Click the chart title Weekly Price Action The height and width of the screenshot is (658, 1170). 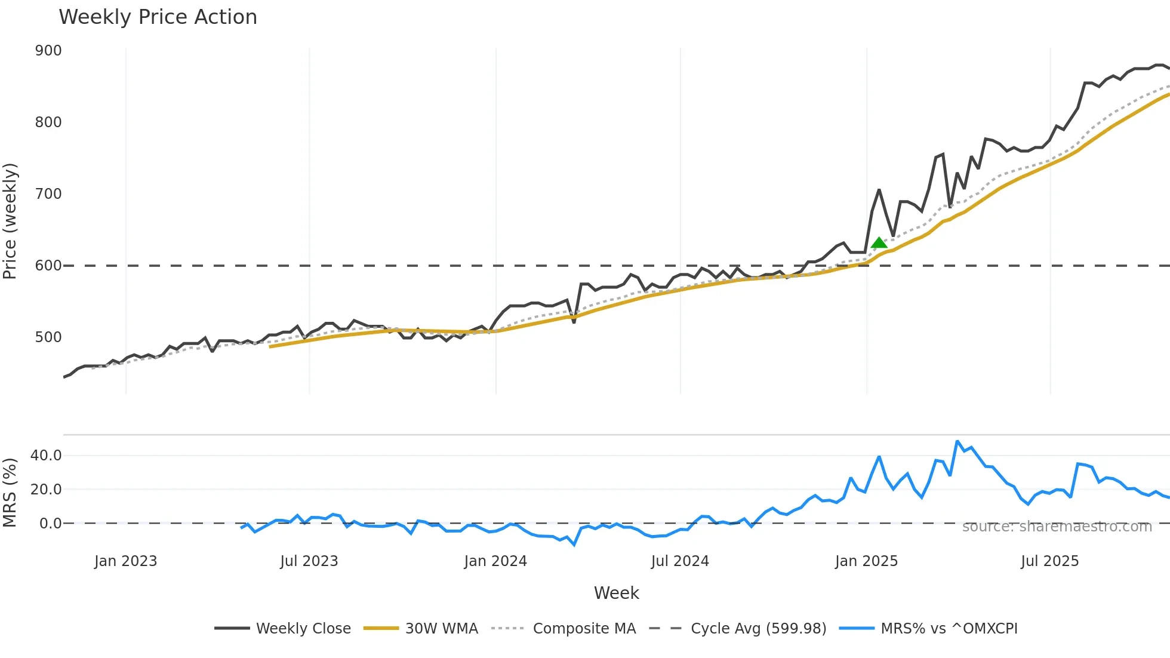[x=158, y=17]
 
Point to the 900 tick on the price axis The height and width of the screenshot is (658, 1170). [x=48, y=51]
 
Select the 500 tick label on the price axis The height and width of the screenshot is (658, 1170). [x=48, y=337]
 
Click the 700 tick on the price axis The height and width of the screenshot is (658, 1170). [x=48, y=194]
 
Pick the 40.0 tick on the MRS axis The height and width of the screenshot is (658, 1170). [x=46, y=456]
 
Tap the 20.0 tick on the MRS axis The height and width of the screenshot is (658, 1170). [x=46, y=490]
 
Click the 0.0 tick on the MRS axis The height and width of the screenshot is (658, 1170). [x=50, y=524]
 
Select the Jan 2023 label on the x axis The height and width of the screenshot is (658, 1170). [x=125, y=561]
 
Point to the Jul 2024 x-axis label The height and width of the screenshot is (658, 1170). [x=680, y=561]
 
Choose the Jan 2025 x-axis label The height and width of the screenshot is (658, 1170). [x=866, y=561]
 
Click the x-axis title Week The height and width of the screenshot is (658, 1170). [x=616, y=593]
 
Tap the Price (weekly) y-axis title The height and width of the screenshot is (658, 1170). [x=10, y=221]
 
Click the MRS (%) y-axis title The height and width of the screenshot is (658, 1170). [x=10, y=493]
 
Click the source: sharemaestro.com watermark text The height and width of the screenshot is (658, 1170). [x=1057, y=527]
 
